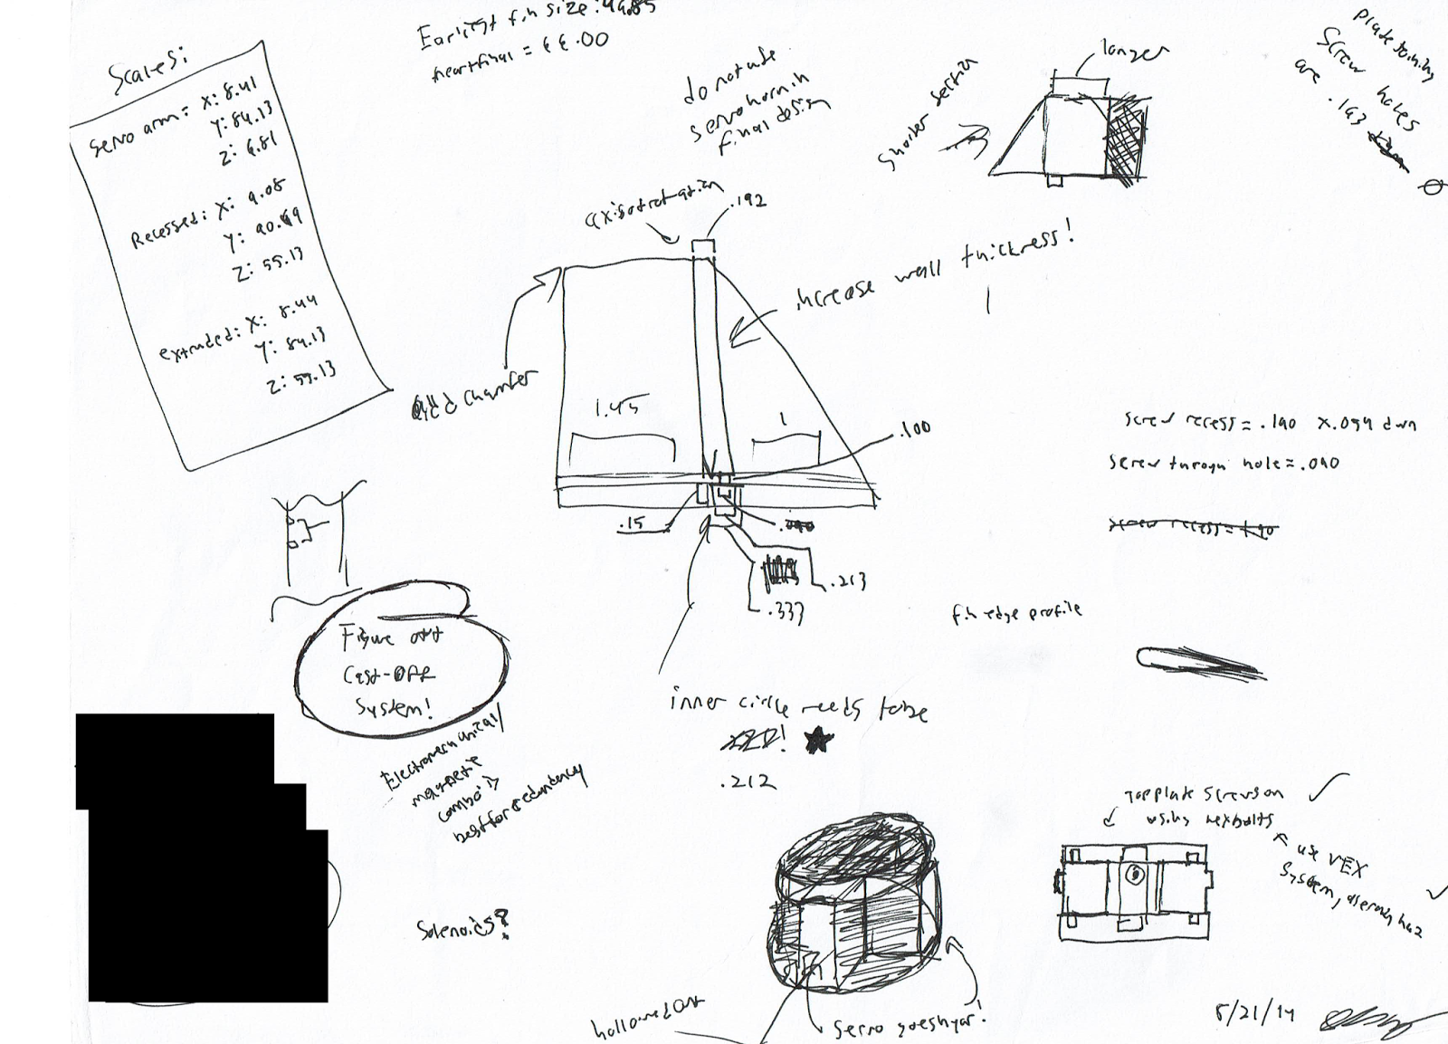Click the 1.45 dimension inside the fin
click(615, 409)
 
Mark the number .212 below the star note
click(747, 782)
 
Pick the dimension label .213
click(847, 580)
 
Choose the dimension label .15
click(633, 526)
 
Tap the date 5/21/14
click(1256, 1011)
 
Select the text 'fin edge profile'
click(1015, 613)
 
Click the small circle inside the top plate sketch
click(1133, 875)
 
